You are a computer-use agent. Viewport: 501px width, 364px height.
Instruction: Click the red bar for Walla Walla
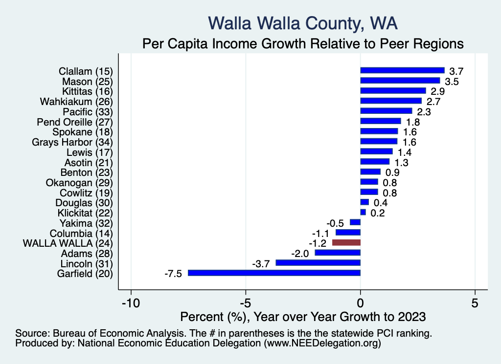click(346, 242)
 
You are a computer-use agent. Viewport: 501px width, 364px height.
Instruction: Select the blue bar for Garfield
click(274, 273)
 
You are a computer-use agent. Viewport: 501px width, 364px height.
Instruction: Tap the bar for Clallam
click(402, 70)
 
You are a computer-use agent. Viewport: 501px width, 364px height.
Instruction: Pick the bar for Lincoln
click(318, 263)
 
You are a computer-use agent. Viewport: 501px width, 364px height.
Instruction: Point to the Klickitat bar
click(363, 212)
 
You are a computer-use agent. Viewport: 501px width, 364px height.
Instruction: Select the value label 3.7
click(456, 71)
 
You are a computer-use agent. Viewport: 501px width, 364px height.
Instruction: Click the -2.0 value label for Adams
click(299, 254)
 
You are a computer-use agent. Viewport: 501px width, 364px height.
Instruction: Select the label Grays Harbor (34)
click(72, 142)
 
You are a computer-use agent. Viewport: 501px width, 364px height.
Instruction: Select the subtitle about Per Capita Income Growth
click(302, 43)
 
